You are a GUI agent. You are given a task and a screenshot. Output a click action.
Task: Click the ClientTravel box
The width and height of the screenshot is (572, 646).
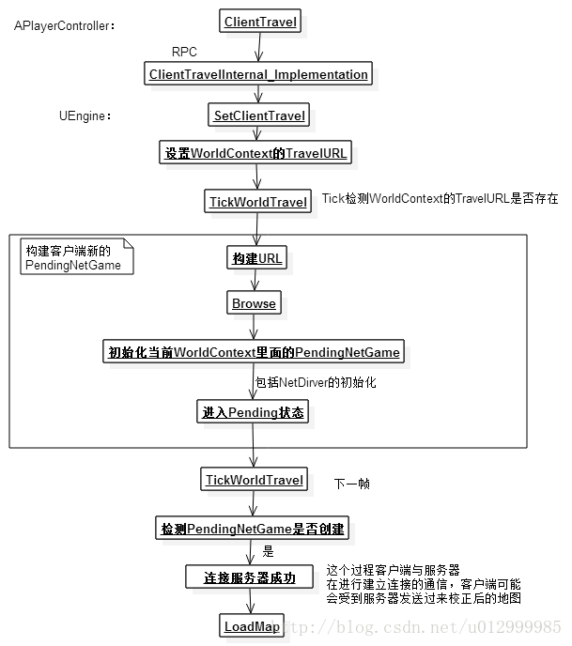click(x=262, y=22)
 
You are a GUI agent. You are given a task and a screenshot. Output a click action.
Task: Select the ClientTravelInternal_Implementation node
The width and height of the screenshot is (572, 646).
click(x=258, y=74)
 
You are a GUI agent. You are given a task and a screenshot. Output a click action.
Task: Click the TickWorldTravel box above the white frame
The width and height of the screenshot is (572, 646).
click(x=257, y=202)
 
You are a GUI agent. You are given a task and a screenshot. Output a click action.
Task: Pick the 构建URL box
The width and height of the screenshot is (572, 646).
click(x=256, y=258)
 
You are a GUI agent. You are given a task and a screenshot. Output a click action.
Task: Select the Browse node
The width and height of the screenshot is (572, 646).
click(x=254, y=303)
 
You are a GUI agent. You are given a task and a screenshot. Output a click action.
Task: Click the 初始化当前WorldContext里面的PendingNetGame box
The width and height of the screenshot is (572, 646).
click(x=254, y=352)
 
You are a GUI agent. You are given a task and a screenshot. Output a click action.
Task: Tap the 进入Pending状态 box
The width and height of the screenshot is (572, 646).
click(x=252, y=412)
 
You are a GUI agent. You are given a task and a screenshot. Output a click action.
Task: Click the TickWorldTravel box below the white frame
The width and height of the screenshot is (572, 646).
click(x=255, y=480)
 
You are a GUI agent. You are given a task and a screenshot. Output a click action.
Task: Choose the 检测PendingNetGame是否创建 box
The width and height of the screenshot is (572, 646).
click(x=254, y=529)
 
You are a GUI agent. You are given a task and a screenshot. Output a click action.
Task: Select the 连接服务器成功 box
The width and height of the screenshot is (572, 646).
click(x=250, y=577)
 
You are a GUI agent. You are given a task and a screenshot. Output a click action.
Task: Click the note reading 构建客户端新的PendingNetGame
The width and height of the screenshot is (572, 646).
click(x=74, y=257)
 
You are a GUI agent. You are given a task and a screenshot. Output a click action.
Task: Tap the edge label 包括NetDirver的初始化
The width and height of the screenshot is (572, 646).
click(x=316, y=383)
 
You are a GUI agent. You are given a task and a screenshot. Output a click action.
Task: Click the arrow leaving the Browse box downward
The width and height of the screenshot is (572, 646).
click(x=254, y=326)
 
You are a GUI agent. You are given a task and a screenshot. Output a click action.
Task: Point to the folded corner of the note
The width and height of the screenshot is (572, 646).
click(x=128, y=245)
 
